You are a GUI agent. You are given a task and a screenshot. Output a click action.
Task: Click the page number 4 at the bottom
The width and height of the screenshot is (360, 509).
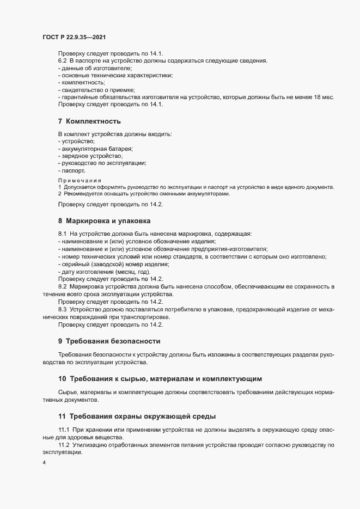44,463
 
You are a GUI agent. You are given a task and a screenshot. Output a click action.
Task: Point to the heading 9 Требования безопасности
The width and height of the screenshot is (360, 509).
109,341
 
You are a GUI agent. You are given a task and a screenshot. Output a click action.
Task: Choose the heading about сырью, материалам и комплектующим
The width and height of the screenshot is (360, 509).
160,379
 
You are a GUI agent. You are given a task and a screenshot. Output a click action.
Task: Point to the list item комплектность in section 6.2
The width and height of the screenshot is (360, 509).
82,82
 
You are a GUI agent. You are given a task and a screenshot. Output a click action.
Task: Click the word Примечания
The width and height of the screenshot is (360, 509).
80,180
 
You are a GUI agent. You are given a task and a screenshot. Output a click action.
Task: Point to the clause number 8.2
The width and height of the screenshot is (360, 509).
62,286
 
